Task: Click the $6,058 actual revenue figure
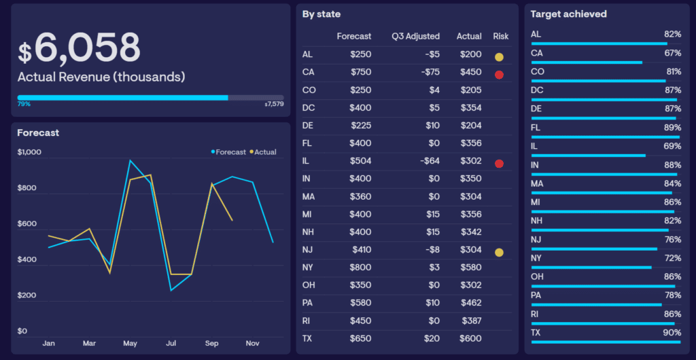pyautogui.click(x=79, y=48)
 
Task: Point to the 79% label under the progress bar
pyautogui.click(x=24, y=104)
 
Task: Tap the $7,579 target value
pyautogui.click(x=274, y=104)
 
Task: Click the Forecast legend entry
pyautogui.click(x=228, y=152)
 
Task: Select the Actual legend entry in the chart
pyautogui.click(x=263, y=152)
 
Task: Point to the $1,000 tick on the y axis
pyautogui.click(x=29, y=152)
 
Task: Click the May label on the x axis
pyautogui.click(x=130, y=343)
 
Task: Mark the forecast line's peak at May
pyautogui.click(x=130, y=160)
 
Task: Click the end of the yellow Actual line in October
pyautogui.click(x=232, y=220)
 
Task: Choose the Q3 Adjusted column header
pyautogui.click(x=415, y=37)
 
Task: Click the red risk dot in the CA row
pyautogui.click(x=499, y=75)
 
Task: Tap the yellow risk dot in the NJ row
pyautogui.click(x=499, y=253)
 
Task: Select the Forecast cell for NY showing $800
pyautogui.click(x=360, y=268)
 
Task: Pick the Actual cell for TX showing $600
pyautogui.click(x=470, y=339)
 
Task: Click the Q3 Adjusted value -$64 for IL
pyautogui.click(x=430, y=161)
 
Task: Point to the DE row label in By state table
pyautogui.click(x=308, y=126)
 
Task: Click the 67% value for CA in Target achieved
pyautogui.click(x=673, y=53)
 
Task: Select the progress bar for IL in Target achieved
pyautogui.click(x=588, y=156)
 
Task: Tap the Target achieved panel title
pyautogui.click(x=569, y=14)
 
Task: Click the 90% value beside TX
pyautogui.click(x=673, y=333)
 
